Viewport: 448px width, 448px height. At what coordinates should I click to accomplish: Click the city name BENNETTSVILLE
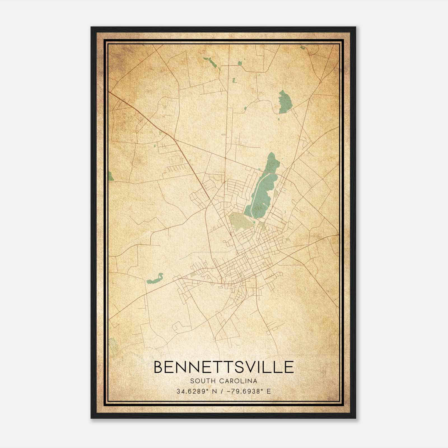click(x=224, y=367)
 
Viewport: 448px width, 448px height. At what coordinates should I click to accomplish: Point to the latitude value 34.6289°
click(x=192, y=391)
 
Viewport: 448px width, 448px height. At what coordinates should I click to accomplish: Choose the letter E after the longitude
click(x=269, y=391)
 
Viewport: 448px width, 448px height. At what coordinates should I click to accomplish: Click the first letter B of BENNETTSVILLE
click(x=159, y=367)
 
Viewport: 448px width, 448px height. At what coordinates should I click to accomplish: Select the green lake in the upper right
click(x=285, y=102)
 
